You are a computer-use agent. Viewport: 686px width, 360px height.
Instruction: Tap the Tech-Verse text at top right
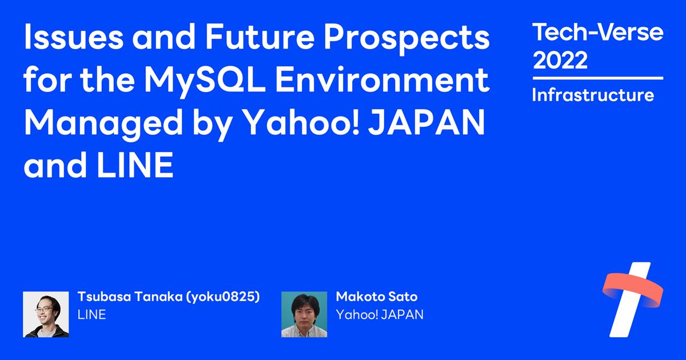coord(597,33)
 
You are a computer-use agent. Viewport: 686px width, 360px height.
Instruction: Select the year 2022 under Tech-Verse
coord(560,60)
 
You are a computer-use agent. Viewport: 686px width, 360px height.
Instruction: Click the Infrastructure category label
coord(593,95)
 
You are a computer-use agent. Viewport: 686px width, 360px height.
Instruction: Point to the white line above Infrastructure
coord(597,78)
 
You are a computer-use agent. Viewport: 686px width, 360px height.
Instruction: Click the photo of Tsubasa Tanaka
coord(46,314)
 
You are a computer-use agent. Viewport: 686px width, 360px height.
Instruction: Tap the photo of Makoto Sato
coord(304,314)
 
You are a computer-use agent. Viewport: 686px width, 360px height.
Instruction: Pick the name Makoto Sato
coord(377,297)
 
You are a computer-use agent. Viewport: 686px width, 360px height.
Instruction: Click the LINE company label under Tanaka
coord(91,314)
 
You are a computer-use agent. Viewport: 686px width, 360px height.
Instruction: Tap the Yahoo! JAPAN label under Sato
coord(380,314)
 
